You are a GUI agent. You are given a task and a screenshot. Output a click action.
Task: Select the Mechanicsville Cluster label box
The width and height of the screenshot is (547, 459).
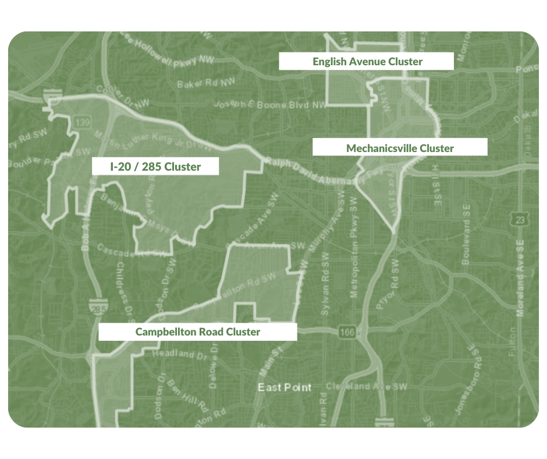coord(400,147)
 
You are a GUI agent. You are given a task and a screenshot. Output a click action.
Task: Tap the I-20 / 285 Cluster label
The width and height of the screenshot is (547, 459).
coord(155,167)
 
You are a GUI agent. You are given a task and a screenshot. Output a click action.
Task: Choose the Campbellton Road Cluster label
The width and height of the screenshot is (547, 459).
coord(197,332)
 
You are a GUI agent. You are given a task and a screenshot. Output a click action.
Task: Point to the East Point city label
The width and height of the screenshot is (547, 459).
coord(285,387)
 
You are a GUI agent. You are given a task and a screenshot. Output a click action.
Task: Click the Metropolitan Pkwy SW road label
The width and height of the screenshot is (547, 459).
coord(354,256)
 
